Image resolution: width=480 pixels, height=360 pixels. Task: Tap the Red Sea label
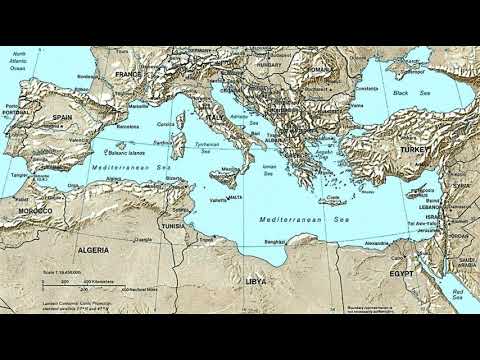click(x=458, y=296)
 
